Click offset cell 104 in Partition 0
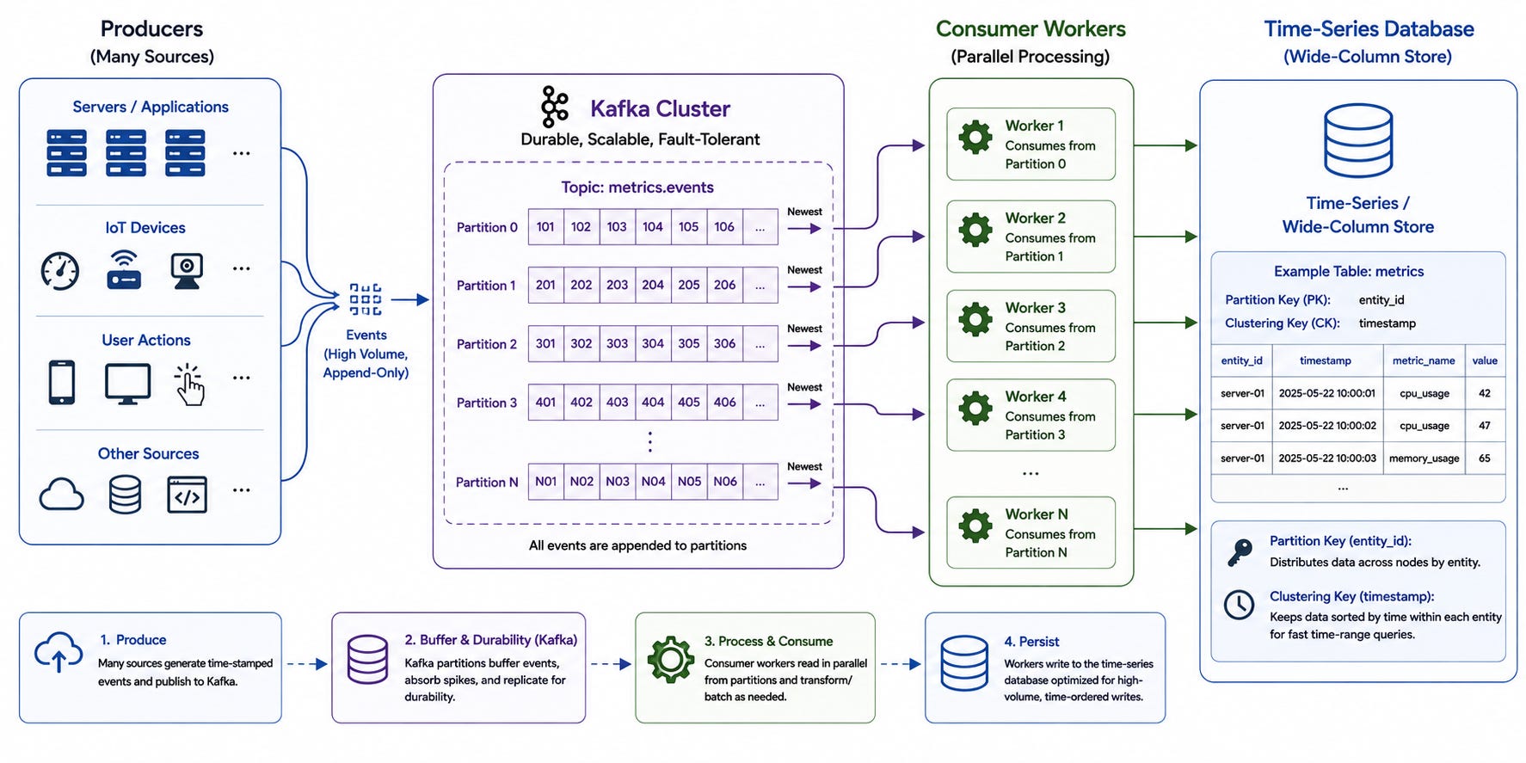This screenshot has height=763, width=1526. (x=653, y=227)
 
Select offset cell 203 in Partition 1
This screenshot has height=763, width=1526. (x=617, y=285)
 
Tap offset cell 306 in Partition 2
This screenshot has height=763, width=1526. (x=724, y=343)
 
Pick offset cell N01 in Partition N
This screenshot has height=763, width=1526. (x=545, y=482)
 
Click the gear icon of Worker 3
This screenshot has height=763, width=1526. (x=975, y=319)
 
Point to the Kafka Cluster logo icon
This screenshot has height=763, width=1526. (x=555, y=108)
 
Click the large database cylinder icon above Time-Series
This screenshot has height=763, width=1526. (x=1358, y=140)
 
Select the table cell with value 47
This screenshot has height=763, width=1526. (x=1485, y=426)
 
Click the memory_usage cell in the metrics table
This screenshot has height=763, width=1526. (x=1424, y=458)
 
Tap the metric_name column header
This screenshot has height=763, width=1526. (x=1424, y=360)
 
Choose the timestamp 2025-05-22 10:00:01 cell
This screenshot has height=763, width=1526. (x=1326, y=393)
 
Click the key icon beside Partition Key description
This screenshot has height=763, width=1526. (x=1240, y=552)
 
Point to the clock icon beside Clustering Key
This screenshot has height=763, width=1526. (x=1239, y=605)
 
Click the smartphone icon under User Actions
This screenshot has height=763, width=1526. (x=62, y=382)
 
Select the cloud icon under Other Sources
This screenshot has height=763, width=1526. (x=61, y=495)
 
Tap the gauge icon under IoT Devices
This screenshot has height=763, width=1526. (x=60, y=271)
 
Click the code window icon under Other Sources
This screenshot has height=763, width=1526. (x=187, y=495)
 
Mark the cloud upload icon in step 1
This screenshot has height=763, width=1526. (x=58, y=652)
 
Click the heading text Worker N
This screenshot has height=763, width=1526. (x=1037, y=514)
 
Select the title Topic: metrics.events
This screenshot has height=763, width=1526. (x=637, y=188)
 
